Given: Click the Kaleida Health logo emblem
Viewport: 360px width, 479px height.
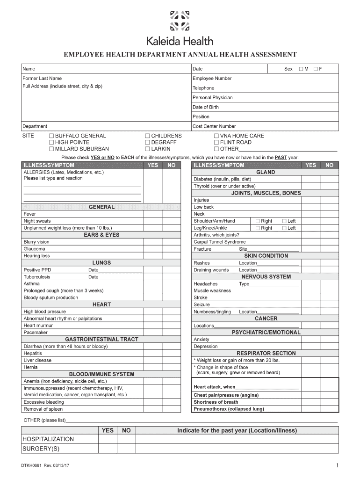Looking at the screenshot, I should click(x=180, y=20).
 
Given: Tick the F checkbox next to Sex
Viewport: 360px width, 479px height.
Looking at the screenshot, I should click(x=316, y=69).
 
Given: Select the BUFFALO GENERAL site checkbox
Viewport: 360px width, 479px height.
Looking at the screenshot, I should click(x=51, y=136).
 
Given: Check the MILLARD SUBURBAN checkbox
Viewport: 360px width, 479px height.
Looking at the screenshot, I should click(x=51, y=149).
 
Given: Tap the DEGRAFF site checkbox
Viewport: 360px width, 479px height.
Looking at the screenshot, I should click(x=147, y=143).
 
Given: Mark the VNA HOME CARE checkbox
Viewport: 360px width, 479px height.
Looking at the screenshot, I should click(x=216, y=136).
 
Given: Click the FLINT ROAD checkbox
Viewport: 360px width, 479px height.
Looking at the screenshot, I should click(x=216, y=143).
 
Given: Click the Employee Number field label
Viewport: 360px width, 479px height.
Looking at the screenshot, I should click(x=212, y=79).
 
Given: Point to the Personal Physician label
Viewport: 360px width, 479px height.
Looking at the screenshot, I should click(x=212, y=98).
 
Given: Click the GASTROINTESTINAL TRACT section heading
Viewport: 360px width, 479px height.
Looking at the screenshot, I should click(x=101, y=339).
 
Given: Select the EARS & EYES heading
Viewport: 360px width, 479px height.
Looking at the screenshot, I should click(x=101, y=235).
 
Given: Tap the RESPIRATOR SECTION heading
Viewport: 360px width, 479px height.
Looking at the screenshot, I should click(x=266, y=353).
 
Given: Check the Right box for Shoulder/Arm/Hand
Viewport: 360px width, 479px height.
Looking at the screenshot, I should click(x=257, y=221).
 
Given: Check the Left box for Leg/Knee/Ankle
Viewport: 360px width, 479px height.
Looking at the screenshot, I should click(x=284, y=228).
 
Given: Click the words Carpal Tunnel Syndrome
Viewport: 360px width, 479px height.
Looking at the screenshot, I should click(x=219, y=242).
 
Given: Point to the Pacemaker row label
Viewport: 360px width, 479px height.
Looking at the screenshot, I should click(x=36, y=332).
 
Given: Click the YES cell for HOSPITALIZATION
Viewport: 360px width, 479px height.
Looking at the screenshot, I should click(x=108, y=439).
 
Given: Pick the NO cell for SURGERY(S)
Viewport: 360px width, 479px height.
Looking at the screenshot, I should click(x=126, y=449).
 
